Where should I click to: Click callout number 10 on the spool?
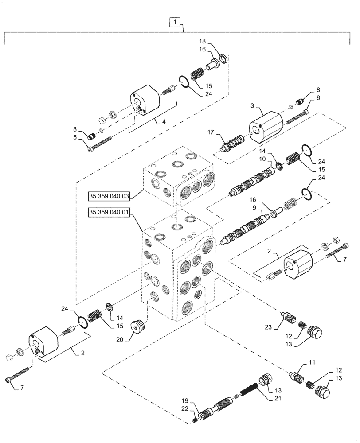point(262,159)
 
